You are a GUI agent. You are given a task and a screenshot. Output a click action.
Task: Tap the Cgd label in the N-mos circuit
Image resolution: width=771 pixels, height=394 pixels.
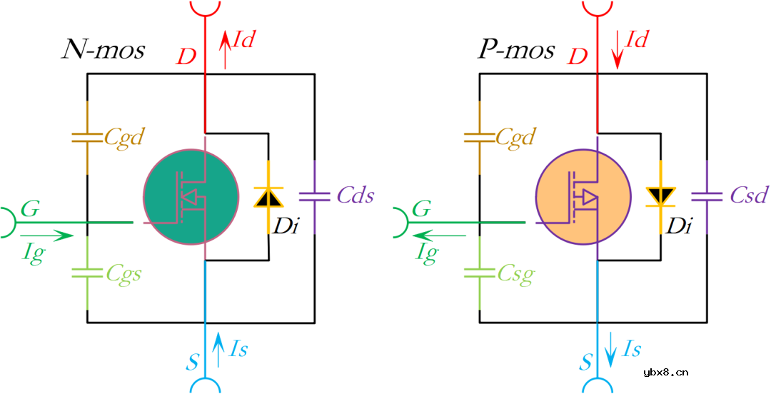pos(123,138)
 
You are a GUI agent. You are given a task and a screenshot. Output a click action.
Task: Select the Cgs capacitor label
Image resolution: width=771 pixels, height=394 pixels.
pos(122,273)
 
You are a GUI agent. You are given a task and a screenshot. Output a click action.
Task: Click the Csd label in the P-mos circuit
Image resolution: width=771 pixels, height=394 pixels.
pos(748,196)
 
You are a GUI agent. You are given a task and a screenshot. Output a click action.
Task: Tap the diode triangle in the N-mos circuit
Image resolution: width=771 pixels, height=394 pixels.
pos(268,197)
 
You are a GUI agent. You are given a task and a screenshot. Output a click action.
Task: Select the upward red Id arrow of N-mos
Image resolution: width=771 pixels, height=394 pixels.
pos(225,50)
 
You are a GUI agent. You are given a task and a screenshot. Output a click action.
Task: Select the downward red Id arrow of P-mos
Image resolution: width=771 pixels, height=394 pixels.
pos(618,50)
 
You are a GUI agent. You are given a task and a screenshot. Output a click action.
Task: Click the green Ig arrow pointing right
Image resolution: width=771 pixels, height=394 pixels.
pos(46,236)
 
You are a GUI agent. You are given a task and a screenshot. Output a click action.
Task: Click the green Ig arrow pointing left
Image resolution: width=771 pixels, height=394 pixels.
pos(438,236)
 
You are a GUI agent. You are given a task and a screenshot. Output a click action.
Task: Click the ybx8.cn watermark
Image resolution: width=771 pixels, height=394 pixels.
pos(666,373)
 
